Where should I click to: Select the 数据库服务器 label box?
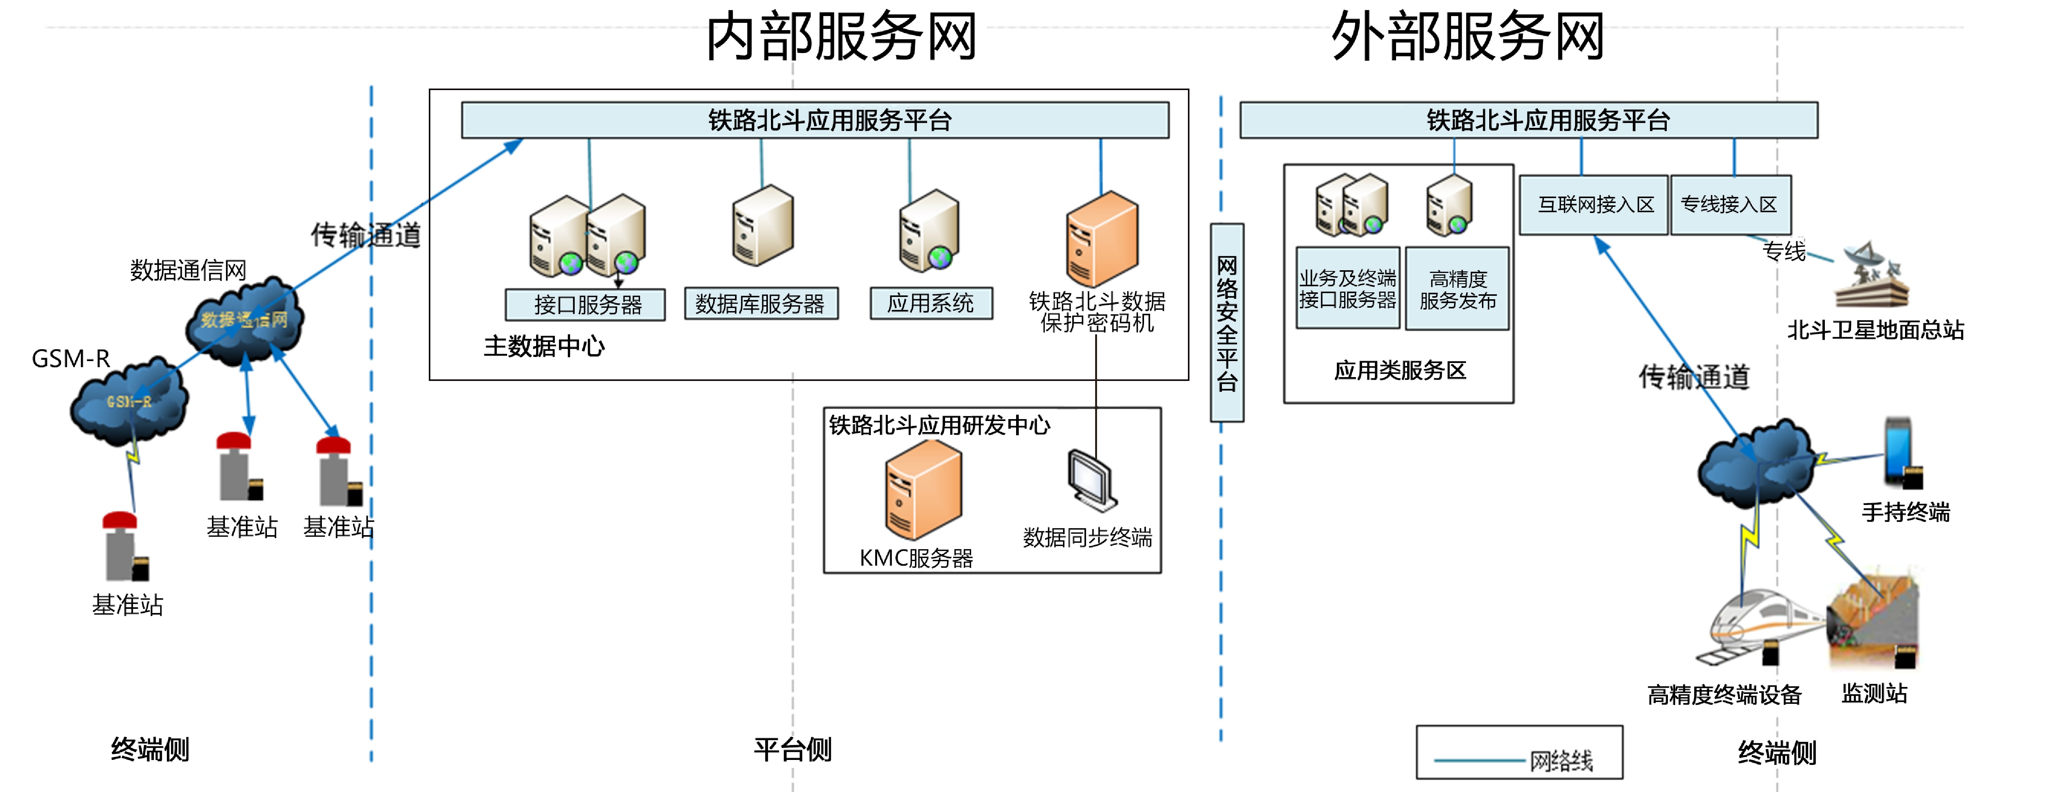click(760, 303)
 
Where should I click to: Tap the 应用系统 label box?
click(931, 303)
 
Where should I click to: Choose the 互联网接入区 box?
click(1593, 205)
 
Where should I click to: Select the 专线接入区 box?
click(1730, 205)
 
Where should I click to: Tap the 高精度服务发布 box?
click(1457, 289)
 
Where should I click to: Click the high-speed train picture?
click(1760, 626)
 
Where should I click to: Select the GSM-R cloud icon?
click(129, 402)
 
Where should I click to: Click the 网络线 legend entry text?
click(1561, 760)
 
